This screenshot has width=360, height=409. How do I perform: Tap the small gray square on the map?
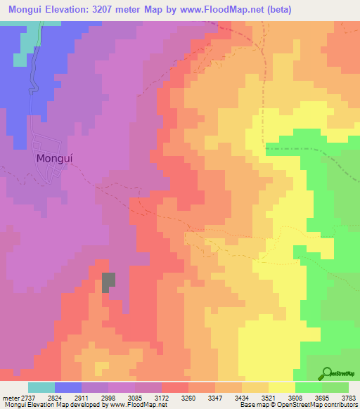[x=109, y=282]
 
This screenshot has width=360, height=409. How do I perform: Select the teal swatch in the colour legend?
[x=41, y=387]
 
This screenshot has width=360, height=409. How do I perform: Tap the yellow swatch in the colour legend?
[x=282, y=387]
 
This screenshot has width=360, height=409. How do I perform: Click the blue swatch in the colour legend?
[x=68, y=387]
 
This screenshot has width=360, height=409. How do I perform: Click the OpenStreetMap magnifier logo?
[x=327, y=373]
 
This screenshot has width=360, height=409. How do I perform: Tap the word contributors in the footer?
[x=340, y=405]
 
